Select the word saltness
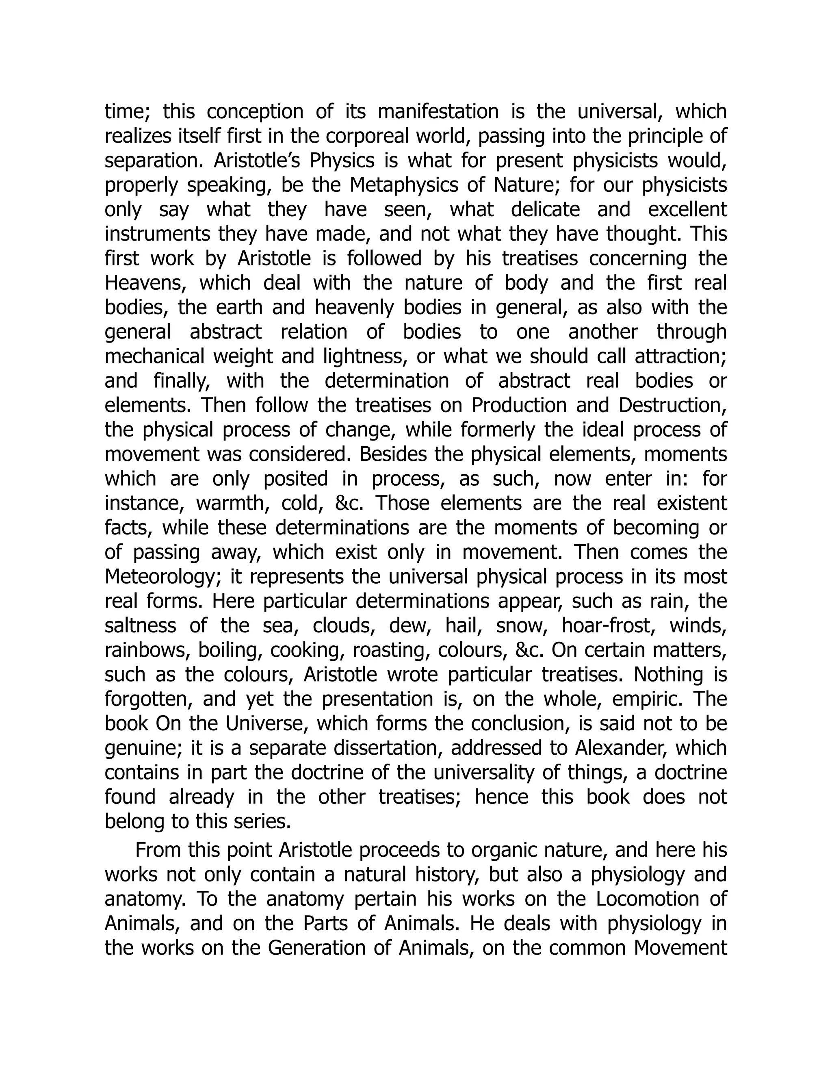pos(140,626)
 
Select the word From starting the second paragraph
pos(156,850)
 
